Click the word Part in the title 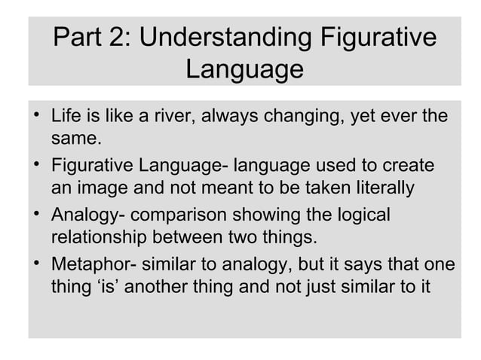tap(77, 38)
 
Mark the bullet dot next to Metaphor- tap(37, 264)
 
